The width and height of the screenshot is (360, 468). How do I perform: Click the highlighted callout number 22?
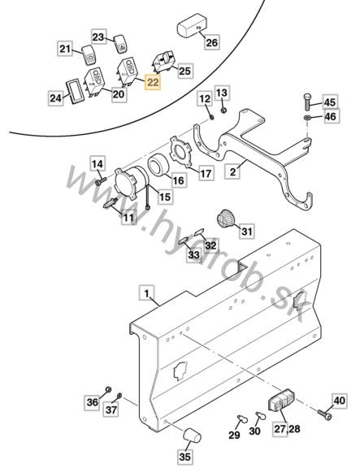tap(153, 82)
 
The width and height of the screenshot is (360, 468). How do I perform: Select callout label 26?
tap(212, 42)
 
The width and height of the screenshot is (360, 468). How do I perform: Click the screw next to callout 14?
tap(101, 181)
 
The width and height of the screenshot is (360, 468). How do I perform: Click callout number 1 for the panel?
tap(147, 292)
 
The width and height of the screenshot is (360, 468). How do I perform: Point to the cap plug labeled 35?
tap(192, 435)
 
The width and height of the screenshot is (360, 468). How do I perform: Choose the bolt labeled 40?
tap(324, 414)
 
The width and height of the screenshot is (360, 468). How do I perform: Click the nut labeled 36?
tap(109, 389)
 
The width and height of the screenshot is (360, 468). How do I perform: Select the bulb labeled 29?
tap(242, 419)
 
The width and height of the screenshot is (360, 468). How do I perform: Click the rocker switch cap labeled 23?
tap(120, 44)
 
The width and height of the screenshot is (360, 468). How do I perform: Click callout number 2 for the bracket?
tap(232, 171)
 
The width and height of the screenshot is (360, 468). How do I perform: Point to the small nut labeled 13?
tap(223, 110)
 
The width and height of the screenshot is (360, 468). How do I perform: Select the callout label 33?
tap(194, 255)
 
